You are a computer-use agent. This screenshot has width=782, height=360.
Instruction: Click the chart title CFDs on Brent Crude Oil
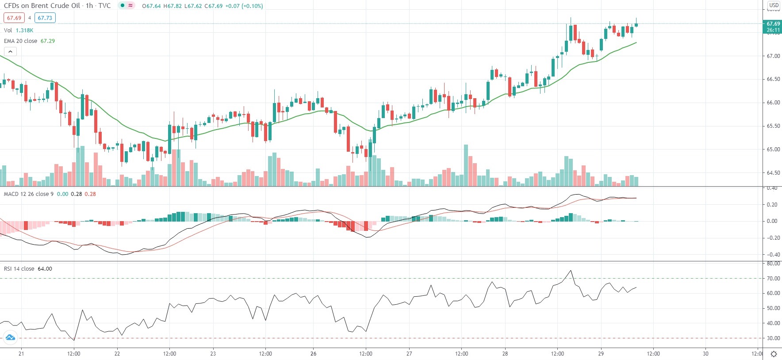pyautogui.click(x=42, y=6)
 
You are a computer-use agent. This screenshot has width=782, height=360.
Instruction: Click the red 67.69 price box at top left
pyautogui.click(x=14, y=18)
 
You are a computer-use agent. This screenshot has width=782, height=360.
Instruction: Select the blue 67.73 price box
pyautogui.click(x=45, y=18)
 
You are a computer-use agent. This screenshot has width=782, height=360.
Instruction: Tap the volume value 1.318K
pyautogui.click(x=24, y=31)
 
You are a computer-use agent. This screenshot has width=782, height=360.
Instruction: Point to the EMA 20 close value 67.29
pyautogui.click(x=48, y=41)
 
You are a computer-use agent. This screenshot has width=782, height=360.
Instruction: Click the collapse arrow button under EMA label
pyautogui.click(x=10, y=51)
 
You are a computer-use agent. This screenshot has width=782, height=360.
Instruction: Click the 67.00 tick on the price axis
pyautogui.click(x=773, y=56)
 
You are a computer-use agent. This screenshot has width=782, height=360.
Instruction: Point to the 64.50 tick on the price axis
pyautogui.click(x=773, y=173)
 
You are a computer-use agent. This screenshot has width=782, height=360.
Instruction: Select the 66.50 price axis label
pyautogui.click(x=773, y=79)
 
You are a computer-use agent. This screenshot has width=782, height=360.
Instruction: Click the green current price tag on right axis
pyautogui.click(x=773, y=27)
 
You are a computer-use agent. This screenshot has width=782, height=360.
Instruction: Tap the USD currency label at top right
pyautogui.click(x=774, y=5)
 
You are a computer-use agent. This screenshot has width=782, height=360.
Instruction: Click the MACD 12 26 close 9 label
pyautogui.click(x=29, y=194)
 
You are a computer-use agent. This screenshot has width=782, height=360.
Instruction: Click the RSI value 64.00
pyautogui.click(x=45, y=269)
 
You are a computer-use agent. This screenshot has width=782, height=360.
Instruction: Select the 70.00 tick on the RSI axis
pyautogui.click(x=773, y=279)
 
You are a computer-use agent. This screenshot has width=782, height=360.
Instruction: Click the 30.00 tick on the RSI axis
pyautogui.click(x=773, y=338)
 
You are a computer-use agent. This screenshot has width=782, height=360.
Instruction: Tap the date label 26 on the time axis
pyautogui.click(x=313, y=354)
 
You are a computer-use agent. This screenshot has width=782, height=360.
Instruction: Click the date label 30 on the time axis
pyautogui.click(x=705, y=354)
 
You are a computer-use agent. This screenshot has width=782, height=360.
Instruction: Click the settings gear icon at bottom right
pyautogui.click(x=774, y=354)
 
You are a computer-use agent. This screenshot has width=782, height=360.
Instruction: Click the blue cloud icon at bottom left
pyautogui.click(x=10, y=338)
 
